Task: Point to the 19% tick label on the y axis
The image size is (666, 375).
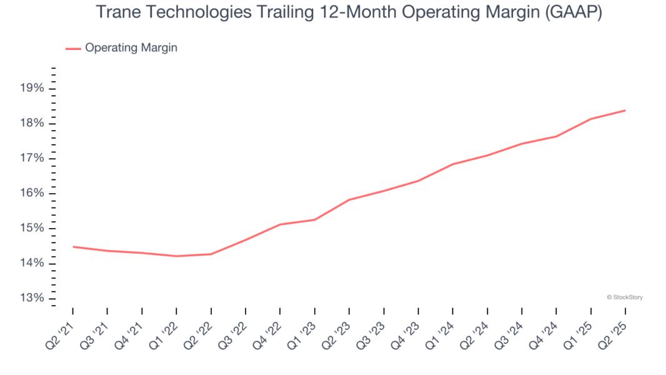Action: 32,88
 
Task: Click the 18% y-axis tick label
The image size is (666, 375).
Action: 32,123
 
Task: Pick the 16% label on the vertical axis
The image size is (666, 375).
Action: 32,193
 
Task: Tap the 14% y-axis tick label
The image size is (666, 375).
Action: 32,263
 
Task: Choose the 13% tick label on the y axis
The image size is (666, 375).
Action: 32,298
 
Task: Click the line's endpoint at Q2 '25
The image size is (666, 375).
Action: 625,111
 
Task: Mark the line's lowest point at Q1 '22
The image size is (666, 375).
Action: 177,256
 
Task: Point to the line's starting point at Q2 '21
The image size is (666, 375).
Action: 73,246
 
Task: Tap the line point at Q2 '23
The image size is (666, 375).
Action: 349,200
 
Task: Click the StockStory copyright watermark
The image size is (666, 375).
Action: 624,297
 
